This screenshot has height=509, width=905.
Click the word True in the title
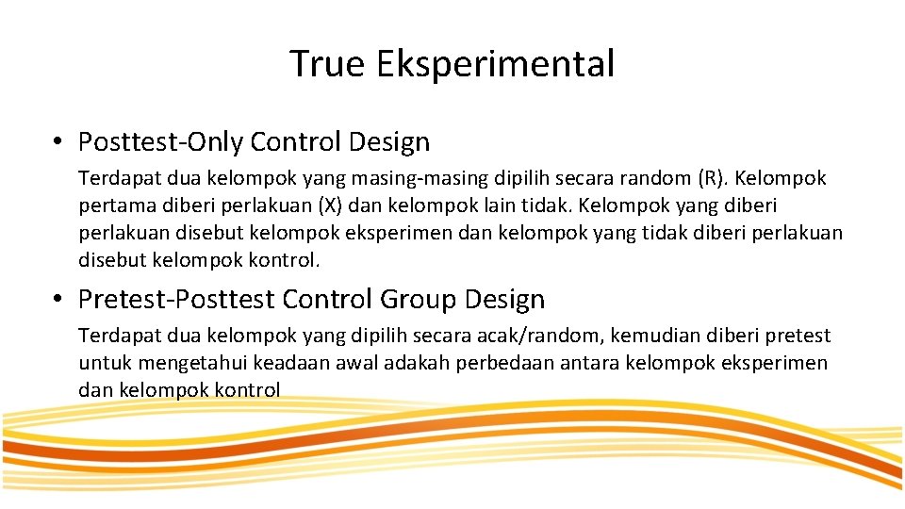click(327, 64)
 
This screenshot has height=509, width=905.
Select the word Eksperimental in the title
click(495, 64)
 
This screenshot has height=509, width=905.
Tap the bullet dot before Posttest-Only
click(58, 142)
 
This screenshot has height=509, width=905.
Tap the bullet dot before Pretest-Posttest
click(58, 300)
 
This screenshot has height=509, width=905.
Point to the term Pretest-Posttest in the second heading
click(176, 300)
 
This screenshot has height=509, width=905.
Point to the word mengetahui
click(189, 363)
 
